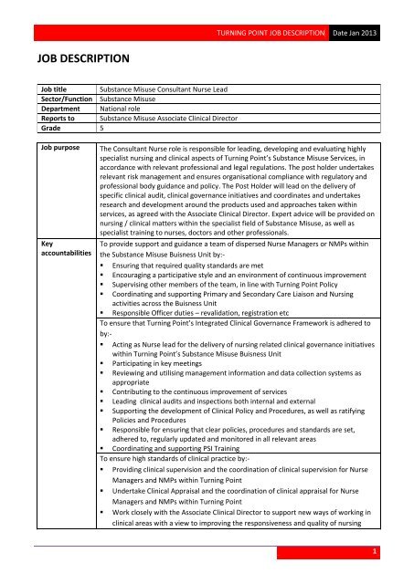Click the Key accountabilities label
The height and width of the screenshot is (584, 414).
(x=65, y=252)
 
